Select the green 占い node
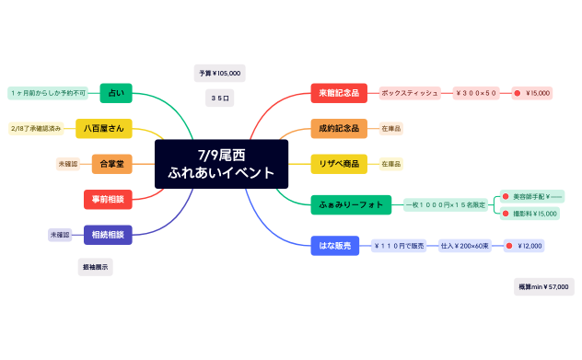pyautogui.click(x=115, y=93)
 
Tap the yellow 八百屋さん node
pyautogui.click(x=106, y=128)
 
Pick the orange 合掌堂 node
pyautogui.click(x=111, y=163)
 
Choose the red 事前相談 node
pyautogui.click(x=109, y=198)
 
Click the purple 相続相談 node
pyautogui.click(x=108, y=235)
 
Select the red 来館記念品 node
pyautogui.click(x=339, y=93)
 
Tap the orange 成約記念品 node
pyautogui.click(x=339, y=128)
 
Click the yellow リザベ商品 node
pyautogui.click(x=339, y=163)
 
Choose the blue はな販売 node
pyautogui.click(x=332, y=246)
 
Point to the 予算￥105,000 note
pyautogui.click(x=219, y=73)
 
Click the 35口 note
pyautogui.click(x=219, y=97)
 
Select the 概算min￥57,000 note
pyautogui.click(x=543, y=287)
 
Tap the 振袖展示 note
pyautogui.click(x=95, y=267)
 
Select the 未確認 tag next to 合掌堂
pyautogui.click(x=68, y=163)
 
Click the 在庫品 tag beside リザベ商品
pyautogui.click(x=391, y=163)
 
